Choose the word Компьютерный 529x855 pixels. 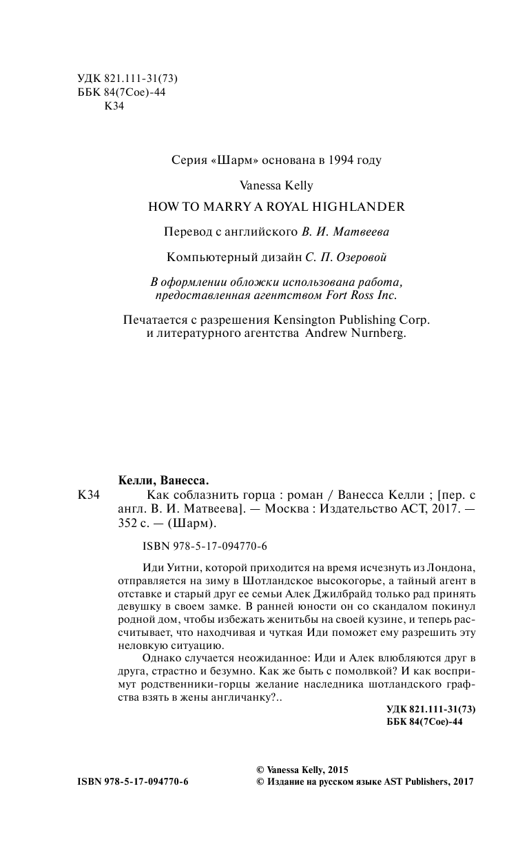[x=205, y=258]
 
